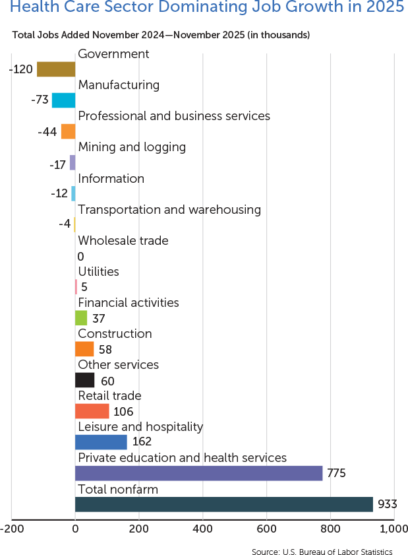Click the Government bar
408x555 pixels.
coord(56,69)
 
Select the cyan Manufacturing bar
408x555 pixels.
coord(63,100)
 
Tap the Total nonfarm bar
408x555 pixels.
coord(224,504)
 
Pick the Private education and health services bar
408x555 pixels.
coord(198,473)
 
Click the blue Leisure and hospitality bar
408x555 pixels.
coord(101,442)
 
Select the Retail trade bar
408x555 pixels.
coord(92,411)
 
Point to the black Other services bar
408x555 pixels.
coord(84,380)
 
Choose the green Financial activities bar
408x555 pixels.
coord(81,318)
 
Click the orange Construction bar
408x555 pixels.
coord(84,349)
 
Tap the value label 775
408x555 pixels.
coord(336,473)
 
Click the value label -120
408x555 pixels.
coord(21,69)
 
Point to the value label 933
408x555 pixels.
coord(387,505)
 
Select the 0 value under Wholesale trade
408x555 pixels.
coord(80,256)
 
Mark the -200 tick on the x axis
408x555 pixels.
coord(13,529)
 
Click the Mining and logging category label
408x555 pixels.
coord(132,147)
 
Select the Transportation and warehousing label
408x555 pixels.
coord(169,209)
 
